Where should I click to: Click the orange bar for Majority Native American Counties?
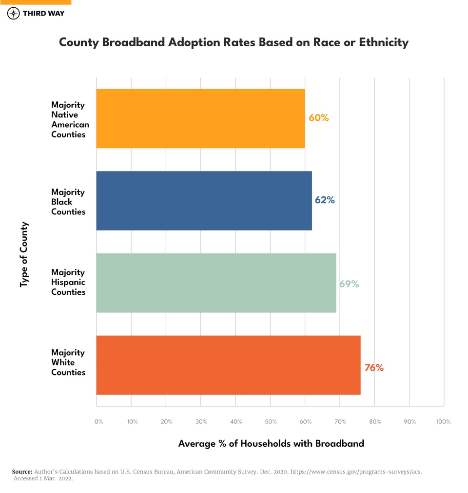pos(200,118)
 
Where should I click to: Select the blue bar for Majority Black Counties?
pos(204,201)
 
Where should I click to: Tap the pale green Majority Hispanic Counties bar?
pos(216,283)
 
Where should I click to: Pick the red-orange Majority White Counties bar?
pos(228,365)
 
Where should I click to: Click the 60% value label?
pos(319,118)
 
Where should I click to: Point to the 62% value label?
pos(324,200)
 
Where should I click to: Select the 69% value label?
pos(349,284)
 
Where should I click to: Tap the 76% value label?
pos(374,368)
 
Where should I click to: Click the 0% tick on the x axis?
pos(98,422)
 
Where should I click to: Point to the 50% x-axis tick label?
pos(271,422)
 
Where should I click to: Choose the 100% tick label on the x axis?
pos(443,422)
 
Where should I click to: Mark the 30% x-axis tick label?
pos(201,422)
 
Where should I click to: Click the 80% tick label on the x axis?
pos(374,422)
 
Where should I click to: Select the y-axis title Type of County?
pos(24,254)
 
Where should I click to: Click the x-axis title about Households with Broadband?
pos(271,444)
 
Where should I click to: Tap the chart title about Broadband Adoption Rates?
pos(234,42)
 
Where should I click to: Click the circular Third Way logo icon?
pos(14,13)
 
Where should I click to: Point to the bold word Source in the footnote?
pos(22,472)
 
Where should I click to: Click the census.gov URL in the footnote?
pos(356,472)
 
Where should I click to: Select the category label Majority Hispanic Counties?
pos(68,282)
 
